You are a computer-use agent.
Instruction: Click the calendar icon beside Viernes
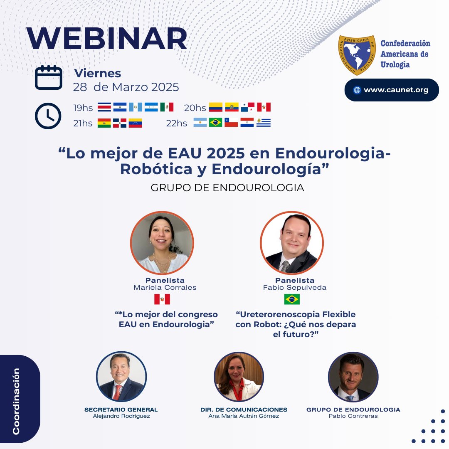(x=49, y=77)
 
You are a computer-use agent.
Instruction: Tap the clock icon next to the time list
(x=48, y=115)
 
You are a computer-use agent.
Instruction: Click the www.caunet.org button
(x=391, y=90)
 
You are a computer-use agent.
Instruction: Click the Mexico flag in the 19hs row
(x=167, y=107)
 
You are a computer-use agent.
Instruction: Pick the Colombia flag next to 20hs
(x=216, y=107)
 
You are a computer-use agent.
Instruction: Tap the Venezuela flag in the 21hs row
(x=136, y=123)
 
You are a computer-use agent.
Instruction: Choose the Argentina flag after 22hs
(x=200, y=123)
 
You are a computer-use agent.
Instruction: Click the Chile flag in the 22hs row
(x=231, y=123)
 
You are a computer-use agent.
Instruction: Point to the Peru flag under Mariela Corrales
(x=162, y=299)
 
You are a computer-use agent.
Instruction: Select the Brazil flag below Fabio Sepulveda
(x=292, y=299)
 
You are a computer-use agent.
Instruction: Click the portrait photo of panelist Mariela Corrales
(x=162, y=242)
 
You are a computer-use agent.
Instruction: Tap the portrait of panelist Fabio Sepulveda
(x=292, y=242)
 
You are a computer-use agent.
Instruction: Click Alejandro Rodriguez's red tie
(x=118, y=392)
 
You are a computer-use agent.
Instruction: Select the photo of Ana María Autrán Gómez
(x=239, y=377)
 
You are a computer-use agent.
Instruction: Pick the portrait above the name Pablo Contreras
(x=353, y=377)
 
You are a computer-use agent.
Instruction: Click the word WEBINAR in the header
(x=107, y=40)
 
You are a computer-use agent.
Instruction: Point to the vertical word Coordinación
(x=16, y=401)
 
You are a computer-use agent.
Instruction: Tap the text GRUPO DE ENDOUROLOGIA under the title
(x=227, y=187)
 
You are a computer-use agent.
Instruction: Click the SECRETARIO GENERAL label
(x=121, y=410)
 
